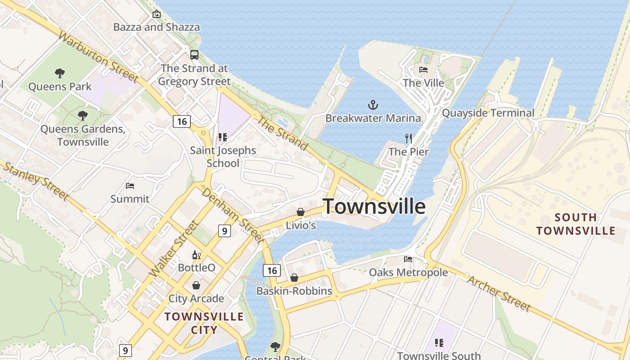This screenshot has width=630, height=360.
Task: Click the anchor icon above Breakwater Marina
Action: coord(373,105)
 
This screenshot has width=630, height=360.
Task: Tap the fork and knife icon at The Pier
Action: coord(409,138)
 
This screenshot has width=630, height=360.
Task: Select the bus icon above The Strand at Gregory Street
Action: coord(194,55)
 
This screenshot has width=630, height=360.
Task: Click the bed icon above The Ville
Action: coord(423,70)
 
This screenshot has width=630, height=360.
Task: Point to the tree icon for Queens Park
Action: coord(59,73)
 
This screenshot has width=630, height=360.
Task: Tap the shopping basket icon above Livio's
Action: coord(300,212)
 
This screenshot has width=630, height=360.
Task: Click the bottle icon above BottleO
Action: coord(196,255)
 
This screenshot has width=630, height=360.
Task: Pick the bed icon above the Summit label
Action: coord(130,185)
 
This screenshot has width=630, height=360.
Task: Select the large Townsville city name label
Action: coord(374,207)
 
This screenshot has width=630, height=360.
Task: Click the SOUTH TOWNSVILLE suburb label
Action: coord(576,224)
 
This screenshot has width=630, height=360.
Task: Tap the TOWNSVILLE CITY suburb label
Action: coord(204,323)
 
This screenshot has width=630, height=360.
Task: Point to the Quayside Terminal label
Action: coord(488,112)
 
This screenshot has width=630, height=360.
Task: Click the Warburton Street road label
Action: coord(98,57)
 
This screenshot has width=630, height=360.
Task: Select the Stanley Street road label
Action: coord(36,181)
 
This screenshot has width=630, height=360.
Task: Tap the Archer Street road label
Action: coord(499,293)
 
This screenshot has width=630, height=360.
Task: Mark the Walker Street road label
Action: coord(173,249)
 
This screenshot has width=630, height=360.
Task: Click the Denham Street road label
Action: coord(232,215)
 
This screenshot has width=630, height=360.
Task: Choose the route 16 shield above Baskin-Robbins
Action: coord(272,270)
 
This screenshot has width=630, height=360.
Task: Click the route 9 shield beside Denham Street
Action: coord(224,231)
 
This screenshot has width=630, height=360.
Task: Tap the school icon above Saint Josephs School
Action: coord(222,137)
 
